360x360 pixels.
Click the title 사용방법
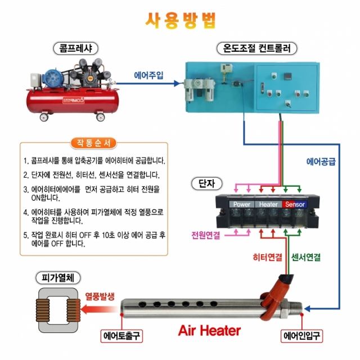click(x=181, y=20)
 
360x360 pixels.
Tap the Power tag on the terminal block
click(x=242, y=204)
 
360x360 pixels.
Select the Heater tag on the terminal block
click(x=268, y=204)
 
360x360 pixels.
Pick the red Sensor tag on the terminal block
click(x=294, y=204)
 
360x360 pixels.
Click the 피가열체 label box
click(x=58, y=277)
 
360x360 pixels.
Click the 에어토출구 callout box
click(x=121, y=336)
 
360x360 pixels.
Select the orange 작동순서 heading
click(x=93, y=142)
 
